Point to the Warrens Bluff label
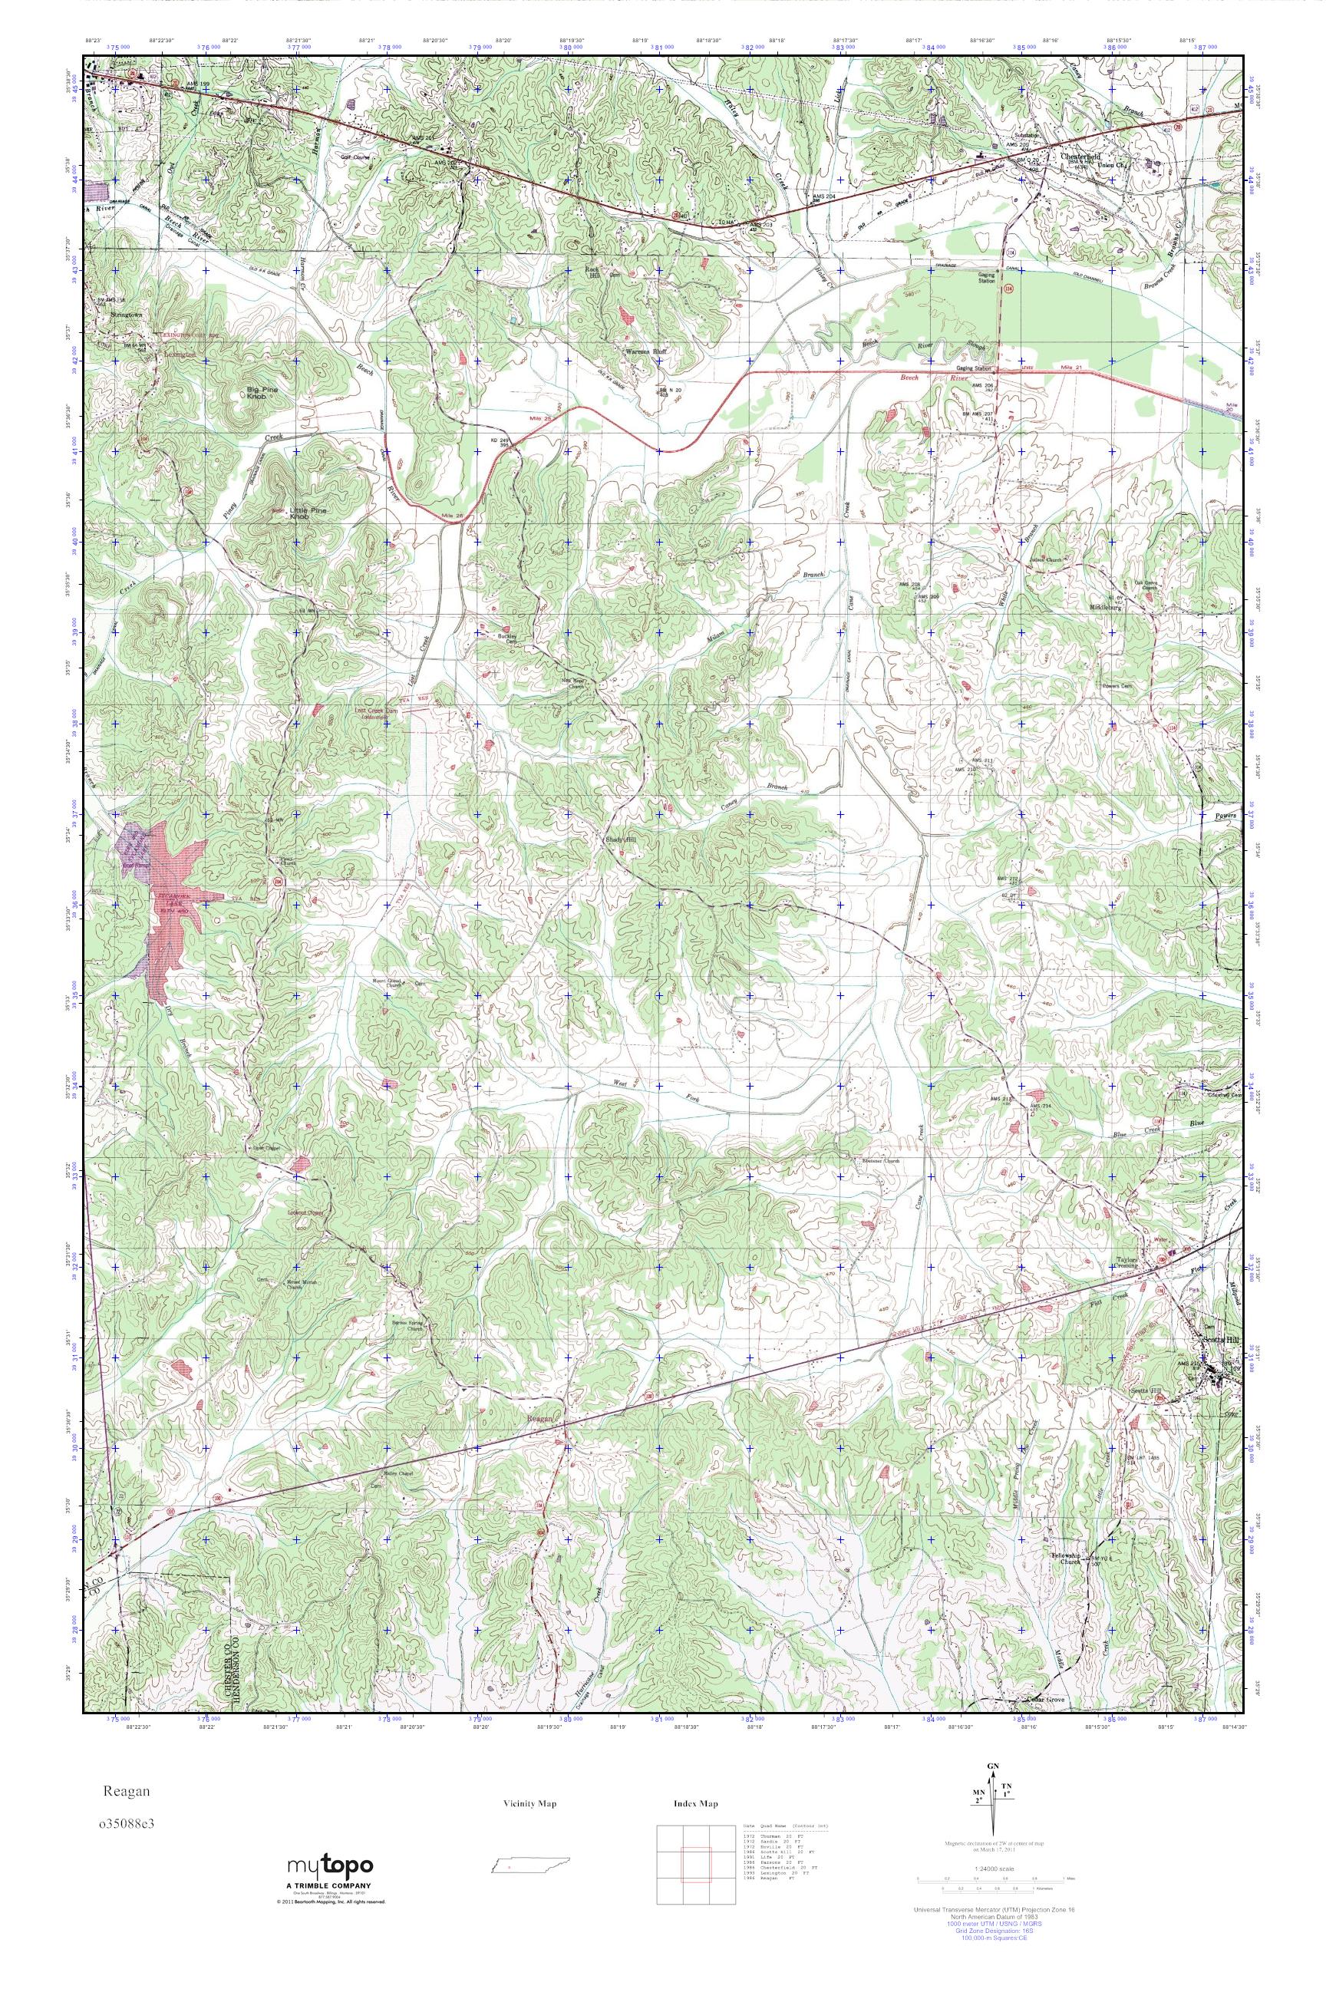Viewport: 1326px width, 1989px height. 646,351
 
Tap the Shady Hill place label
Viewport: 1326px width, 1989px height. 621,828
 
